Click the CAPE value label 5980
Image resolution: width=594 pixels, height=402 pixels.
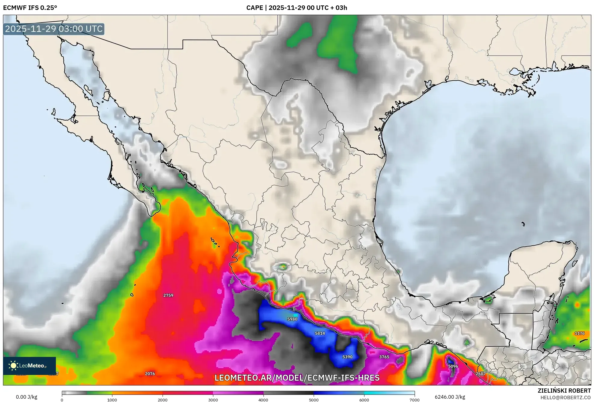click(x=292, y=319)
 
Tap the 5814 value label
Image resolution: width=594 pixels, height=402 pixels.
click(x=320, y=333)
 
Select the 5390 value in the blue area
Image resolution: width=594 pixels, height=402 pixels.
click(x=347, y=357)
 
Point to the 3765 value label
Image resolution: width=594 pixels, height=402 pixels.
click(x=384, y=357)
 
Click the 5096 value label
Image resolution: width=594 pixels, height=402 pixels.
click(x=453, y=366)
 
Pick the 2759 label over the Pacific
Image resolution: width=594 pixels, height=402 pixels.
click(x=168, y=295)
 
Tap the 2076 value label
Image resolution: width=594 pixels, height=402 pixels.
click(x=150, y=374)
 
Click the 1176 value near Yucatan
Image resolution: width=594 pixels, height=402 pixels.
click(x=580, y=333)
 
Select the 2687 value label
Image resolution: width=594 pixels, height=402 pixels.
click(x=481, y=374)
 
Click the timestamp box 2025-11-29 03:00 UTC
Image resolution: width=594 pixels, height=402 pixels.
click(x=54, y=29)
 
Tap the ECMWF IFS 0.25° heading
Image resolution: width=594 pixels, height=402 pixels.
click(x=30, y=8)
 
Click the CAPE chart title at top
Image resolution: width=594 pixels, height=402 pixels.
click(x=297, y=8)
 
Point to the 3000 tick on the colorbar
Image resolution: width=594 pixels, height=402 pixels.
click(x=213, y=400)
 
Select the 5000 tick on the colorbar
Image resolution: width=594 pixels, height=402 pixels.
click(x=314, y=400)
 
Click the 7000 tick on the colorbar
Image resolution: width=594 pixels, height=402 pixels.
click(x=414, y=400)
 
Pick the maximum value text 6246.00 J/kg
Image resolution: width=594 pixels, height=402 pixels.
click(x=450, y=397)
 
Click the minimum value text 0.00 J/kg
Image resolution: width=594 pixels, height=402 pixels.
click(x=26, y=397)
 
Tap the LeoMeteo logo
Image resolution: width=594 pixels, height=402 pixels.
click(x=29, y=366)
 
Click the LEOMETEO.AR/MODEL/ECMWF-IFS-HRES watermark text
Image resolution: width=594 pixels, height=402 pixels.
click(x=297, y=378)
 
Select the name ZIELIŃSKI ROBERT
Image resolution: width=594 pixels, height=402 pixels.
click(x=564, y=391)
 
